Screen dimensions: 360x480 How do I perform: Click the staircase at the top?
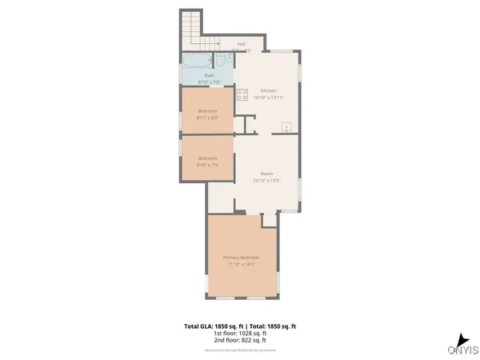[x=192, y=30]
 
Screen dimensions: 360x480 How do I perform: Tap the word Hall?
[x=241, y=44]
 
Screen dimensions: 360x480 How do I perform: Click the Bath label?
[x=208, y=76]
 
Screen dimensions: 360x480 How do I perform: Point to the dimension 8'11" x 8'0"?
[x=207, y=118]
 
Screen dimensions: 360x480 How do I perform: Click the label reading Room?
[x=266, y=174]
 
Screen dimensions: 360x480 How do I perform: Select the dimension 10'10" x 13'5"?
[x=266, y=181]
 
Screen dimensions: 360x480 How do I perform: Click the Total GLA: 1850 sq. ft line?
[x=240, y=326]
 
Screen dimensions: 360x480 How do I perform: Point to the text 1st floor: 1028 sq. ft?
[x=240, y=334]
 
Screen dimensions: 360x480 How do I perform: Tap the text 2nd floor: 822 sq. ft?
[x=240, y=341]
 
